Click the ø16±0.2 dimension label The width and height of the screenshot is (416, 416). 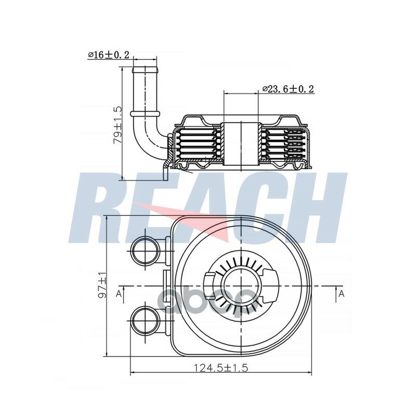(x=109, y=55)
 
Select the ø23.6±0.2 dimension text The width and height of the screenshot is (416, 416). (x=289, y=89)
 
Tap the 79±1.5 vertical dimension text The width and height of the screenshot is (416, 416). (x=118, y=125)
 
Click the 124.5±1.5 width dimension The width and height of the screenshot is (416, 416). (x=221, y=368)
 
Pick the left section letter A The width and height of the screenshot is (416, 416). (x=119, y=293)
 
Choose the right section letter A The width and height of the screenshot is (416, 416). (x=342, y=294)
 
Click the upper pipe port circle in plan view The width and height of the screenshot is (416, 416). (x=146, y=251)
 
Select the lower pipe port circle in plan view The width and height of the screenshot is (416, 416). (x=146, y=320)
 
